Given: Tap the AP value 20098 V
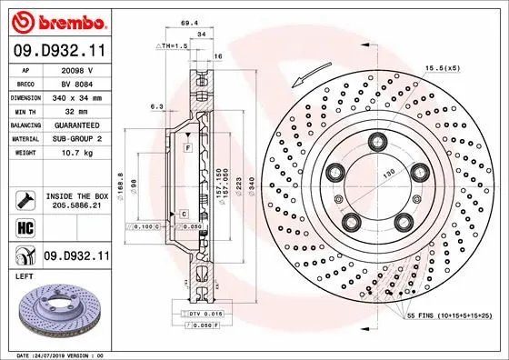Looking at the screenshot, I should [x=76, y=68].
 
